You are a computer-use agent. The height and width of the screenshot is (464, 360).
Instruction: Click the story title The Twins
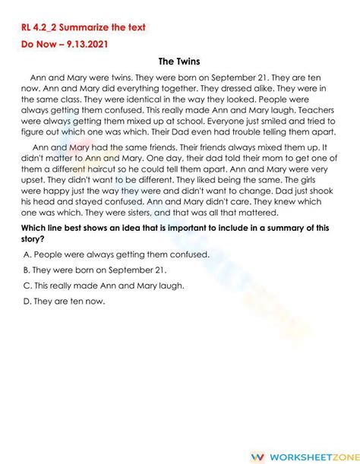179,62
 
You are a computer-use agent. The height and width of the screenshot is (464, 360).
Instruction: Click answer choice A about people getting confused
115,254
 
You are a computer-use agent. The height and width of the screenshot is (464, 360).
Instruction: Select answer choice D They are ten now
64,301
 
